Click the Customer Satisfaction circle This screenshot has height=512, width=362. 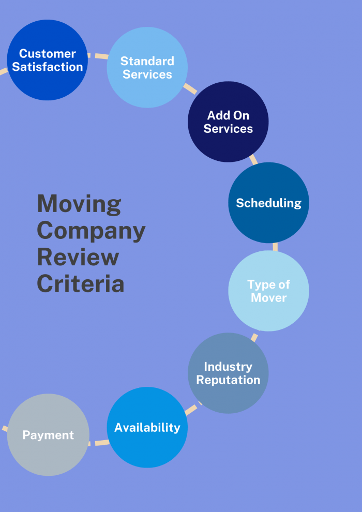click(x=47, y=60)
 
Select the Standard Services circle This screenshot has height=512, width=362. click(x=147, y=67)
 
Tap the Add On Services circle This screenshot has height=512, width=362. click(x=228, y=122)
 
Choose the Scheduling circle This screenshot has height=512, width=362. click(x=268, y=203)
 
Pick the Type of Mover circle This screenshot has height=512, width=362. click(x=268, y=291)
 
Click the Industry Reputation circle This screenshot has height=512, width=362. click(x=228, y=373)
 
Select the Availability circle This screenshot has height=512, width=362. click(x=147, y=427)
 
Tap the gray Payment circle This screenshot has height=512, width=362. click(x=48, y=435)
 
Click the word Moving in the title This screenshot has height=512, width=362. click(x=79, y=204)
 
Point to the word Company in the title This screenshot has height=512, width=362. click(x=91, y=231)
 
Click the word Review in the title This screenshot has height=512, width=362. click(x=78, y=257)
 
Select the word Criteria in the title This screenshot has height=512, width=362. click(x=80, y=283)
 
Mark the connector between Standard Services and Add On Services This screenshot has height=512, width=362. click(x=190, y=89)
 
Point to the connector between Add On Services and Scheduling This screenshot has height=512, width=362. click(x=253, y=159)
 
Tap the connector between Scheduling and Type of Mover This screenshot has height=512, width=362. click(x=275, y=247)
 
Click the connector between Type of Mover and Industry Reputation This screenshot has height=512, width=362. click(x=254, y=337)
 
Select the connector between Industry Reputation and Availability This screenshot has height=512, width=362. click(x=191, y=409)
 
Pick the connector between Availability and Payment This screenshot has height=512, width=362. click(x=98, y=443)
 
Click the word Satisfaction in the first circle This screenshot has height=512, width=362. click(x=47, y=67)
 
